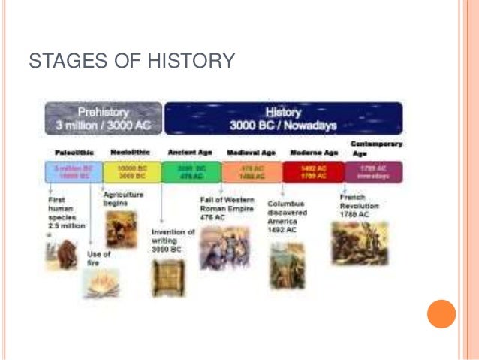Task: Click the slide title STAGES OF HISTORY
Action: coord(131,61)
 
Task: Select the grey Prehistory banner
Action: coord(103,118)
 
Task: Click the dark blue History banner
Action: coord(284,118)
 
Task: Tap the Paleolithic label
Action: coord(74,152)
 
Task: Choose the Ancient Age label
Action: coord(191,152)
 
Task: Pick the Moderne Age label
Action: coord(314,152)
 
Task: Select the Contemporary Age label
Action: coord(377,147)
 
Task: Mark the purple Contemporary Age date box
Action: coord(373,173)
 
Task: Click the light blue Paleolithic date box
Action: coord(73,173)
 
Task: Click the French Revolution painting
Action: coord(360,243)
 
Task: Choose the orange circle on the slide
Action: coord(441,313)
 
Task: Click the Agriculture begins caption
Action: coord(123,198)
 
